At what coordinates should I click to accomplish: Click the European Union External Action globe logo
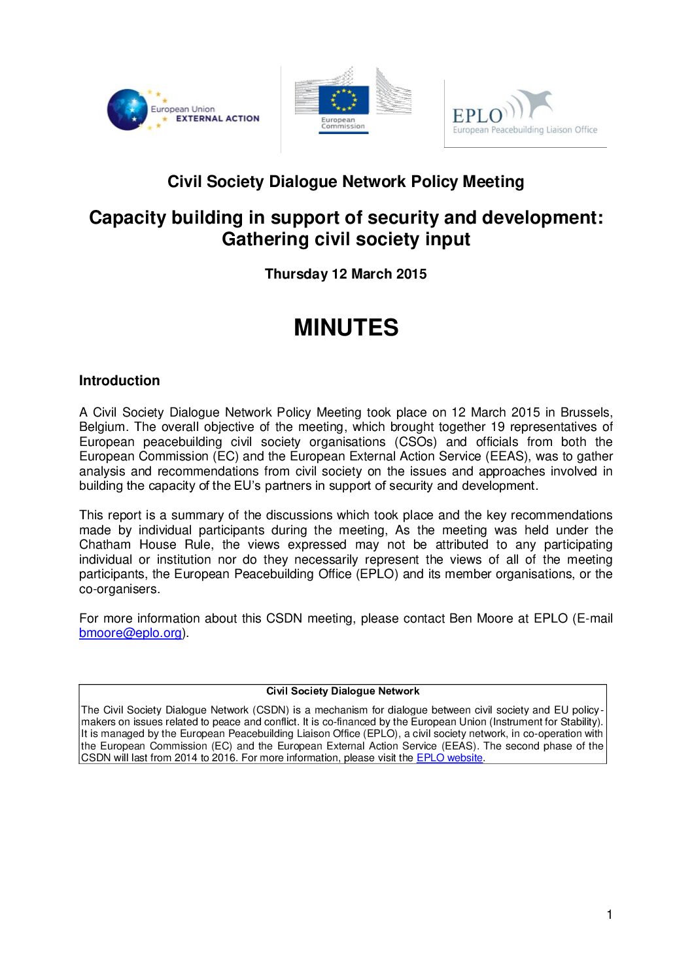[128, 110]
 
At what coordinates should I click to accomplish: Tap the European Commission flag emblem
[343, 100]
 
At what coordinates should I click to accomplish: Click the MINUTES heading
[345, 328]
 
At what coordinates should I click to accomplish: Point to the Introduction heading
[119, 381]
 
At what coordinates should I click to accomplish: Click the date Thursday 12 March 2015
[345, 274]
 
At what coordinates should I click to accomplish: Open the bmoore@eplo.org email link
[130, 633]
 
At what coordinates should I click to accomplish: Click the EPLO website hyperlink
[449, 758]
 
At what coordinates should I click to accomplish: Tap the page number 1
[610, 915]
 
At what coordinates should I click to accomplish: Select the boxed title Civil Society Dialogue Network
[343, 691]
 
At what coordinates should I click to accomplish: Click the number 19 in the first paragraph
[498, 427]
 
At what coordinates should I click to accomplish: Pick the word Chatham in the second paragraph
[105, 545]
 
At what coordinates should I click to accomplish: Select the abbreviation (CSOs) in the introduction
[415, 442]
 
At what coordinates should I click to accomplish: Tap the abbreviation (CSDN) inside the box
[270, 710]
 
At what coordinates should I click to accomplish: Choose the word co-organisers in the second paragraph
[118, 589]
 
